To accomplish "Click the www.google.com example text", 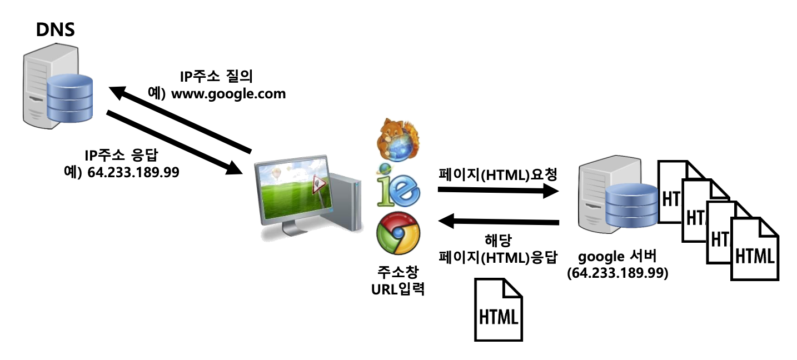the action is click(x=228, y=94).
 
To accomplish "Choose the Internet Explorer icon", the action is click(x=398, y=187).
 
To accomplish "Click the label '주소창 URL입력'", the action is click(x=397, y=281).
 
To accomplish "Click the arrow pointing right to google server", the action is click(x=497, y=191).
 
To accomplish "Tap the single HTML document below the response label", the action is click(x=499, y=310).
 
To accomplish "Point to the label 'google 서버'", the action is click(x=617, y=257).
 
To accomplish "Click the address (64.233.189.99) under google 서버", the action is click(x=617, y=273).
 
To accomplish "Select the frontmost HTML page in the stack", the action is click(x=754, y=250).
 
